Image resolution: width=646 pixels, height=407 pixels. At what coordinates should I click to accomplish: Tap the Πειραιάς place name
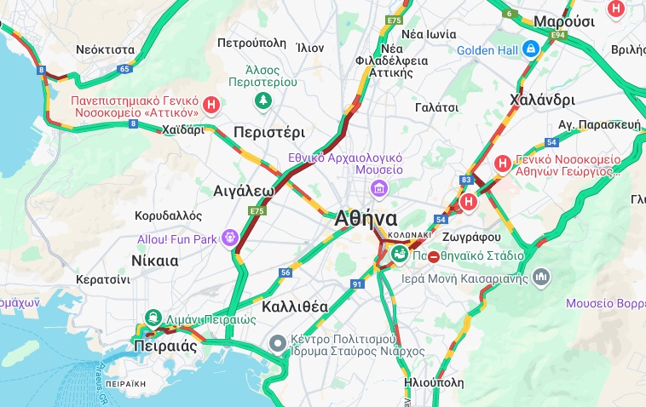point(165,347)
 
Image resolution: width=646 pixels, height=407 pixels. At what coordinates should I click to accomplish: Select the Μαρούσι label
point(564,21)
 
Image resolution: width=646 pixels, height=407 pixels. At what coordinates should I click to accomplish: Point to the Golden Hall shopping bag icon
point(531,50)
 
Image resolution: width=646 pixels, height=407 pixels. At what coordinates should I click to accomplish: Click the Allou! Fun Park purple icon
point(228,238)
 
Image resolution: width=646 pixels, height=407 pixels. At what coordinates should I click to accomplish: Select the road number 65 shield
point(124,68)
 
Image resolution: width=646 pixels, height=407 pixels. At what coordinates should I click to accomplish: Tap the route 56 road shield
point(286,272)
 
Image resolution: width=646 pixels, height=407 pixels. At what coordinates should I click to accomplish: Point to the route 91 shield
point(357,284)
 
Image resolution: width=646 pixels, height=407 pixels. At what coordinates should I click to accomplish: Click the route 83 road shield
point(465,180)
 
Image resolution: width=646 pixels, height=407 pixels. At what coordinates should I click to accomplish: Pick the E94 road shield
point(558,35)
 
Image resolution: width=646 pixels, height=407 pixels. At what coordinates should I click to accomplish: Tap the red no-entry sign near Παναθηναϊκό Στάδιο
point(434,256)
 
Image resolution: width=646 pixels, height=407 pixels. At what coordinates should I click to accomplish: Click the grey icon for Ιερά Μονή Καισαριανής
point(541,277)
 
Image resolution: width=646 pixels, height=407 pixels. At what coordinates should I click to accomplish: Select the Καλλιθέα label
point(296,306)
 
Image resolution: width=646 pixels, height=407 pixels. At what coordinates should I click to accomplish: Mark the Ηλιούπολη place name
point(435,382)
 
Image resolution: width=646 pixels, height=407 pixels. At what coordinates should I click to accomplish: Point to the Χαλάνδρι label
point(542,100)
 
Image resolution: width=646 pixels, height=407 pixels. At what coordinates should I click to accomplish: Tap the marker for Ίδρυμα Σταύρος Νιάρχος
point(277,345)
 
